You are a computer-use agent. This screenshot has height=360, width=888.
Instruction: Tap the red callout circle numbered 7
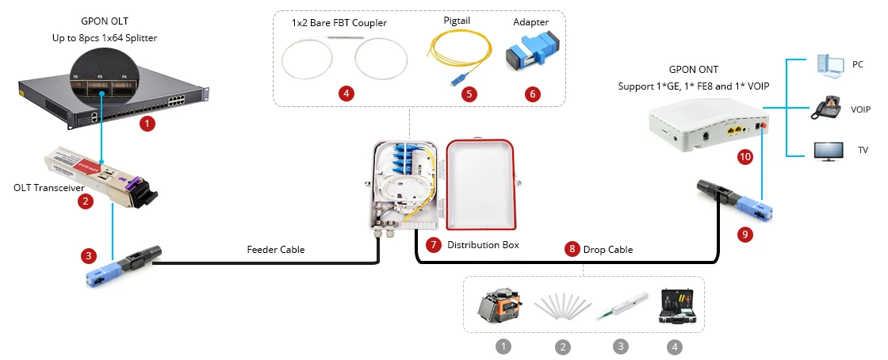coord(433,245)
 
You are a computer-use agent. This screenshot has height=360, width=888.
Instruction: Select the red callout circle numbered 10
coord(744,157)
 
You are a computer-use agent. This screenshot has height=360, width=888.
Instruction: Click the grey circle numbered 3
coord(621,347)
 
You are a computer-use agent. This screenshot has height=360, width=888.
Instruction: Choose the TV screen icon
coord(828,151)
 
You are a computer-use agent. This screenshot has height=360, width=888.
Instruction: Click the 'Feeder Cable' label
coord(276,250)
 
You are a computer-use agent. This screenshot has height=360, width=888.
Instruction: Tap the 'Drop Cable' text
coord(609,249)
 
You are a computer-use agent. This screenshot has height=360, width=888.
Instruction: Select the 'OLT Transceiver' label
coord(48,188)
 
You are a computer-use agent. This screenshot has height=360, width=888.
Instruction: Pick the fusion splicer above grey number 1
coord(503,310)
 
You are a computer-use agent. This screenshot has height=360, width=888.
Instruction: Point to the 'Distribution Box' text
coord(483,245)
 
